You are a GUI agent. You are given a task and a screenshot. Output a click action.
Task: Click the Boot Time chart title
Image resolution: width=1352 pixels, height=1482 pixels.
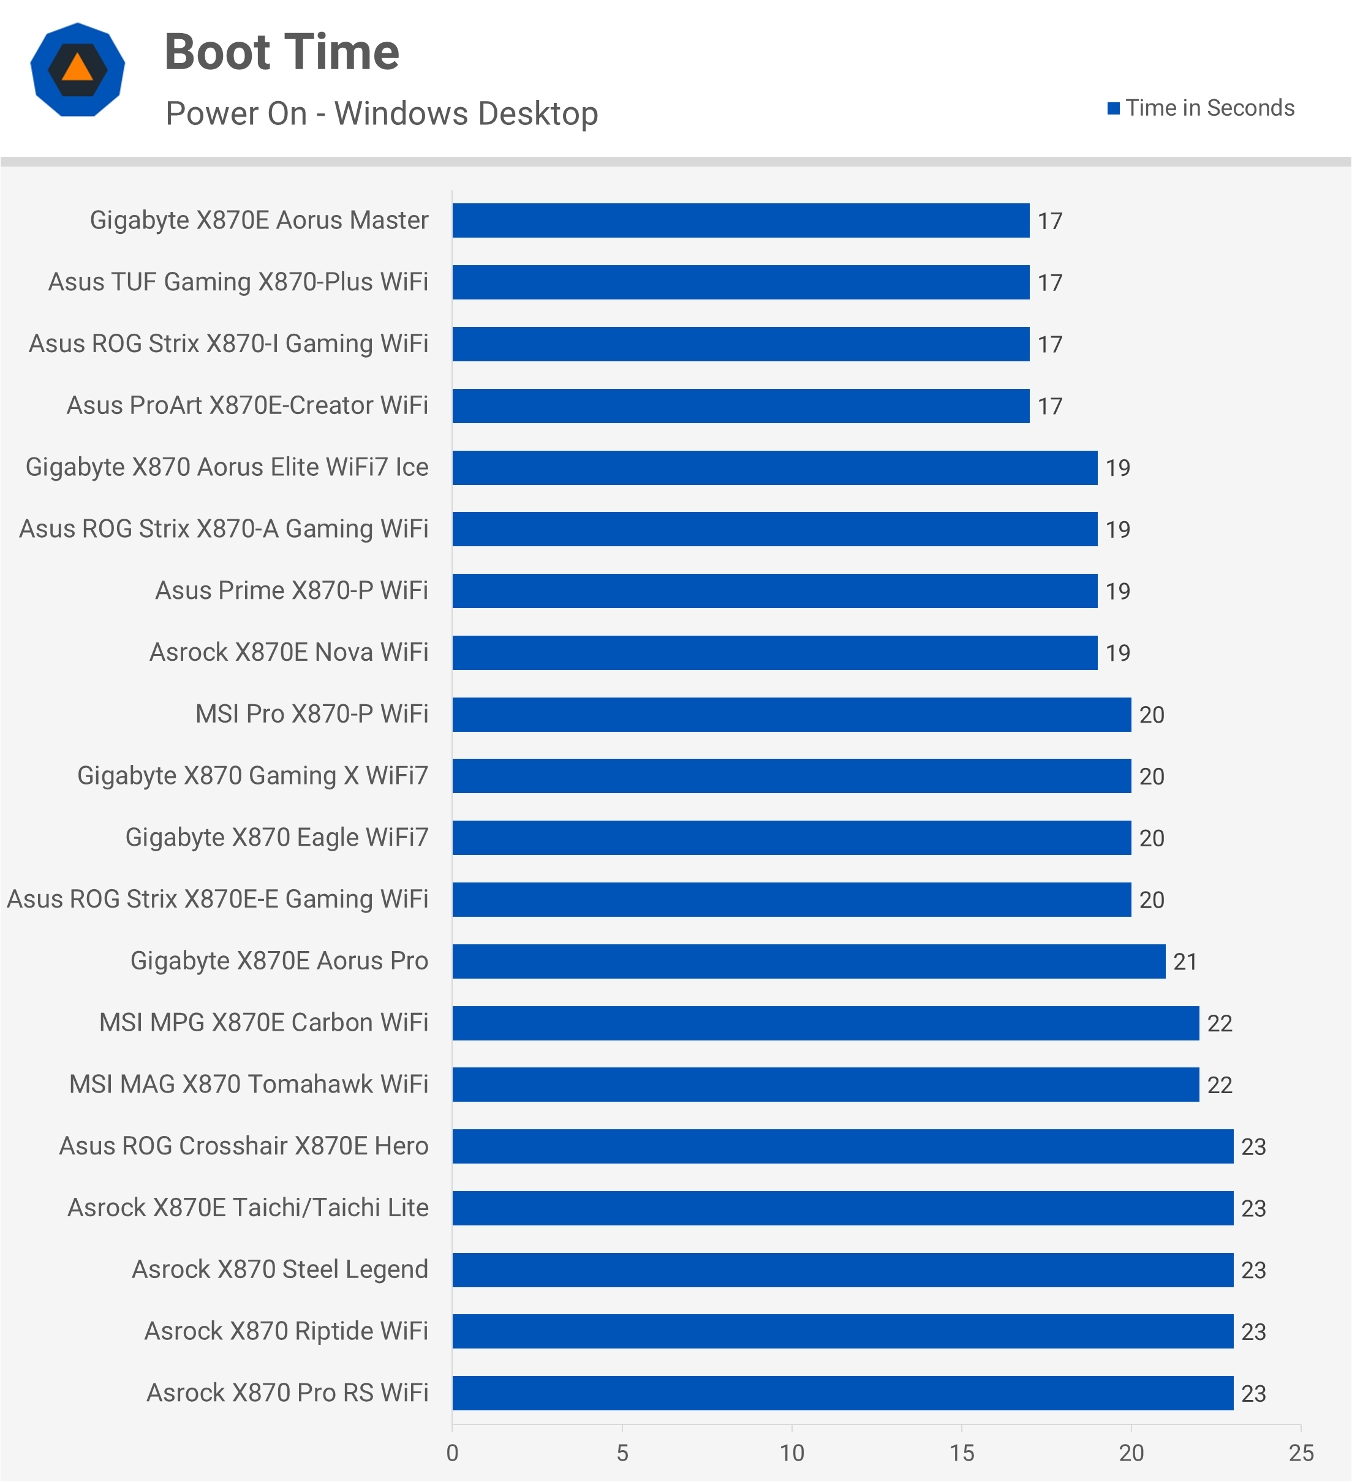[x=282, y=52]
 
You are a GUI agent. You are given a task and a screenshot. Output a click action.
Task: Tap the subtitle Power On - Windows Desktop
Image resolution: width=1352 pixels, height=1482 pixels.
[x=382, y=114]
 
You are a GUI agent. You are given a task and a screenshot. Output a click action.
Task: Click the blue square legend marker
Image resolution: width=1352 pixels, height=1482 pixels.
[x=1113, y=109]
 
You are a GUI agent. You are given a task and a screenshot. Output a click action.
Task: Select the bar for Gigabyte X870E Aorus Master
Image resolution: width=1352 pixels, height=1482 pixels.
[x=741, y=220]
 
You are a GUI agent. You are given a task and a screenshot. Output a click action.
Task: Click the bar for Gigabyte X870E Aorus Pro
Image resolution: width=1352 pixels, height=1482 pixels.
[x=809, y=961]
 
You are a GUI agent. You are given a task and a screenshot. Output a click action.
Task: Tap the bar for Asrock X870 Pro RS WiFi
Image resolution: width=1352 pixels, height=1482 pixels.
[x=842, y=1393]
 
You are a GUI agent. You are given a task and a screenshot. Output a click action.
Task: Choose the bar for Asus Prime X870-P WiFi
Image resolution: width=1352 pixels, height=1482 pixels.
[x=775, y=591]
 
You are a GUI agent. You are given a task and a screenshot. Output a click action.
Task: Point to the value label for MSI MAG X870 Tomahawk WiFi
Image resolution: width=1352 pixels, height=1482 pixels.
[x=1220, y=1086]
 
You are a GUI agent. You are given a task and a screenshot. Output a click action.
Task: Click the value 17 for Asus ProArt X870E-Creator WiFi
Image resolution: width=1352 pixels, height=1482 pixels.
[x=1050, y=407]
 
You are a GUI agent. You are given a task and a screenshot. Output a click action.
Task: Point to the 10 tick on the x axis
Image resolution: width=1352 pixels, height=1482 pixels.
[x=792, y=1453]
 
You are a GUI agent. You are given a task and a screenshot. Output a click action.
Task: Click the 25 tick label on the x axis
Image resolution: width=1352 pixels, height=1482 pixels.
[x=1301, y=1453]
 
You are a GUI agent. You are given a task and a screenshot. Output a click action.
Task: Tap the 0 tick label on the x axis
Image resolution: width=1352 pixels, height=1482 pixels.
[x=452, y=1453]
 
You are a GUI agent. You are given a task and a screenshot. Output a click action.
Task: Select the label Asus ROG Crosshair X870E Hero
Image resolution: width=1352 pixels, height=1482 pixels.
[x=243, y=1146]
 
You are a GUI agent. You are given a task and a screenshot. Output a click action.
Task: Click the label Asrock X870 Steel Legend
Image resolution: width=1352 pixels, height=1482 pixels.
[x=279, y=1269]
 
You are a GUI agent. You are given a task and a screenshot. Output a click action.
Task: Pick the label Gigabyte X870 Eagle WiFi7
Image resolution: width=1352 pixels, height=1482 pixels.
[x=276, y=837]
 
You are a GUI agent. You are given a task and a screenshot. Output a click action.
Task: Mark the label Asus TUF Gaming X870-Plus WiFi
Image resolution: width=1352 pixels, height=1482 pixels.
[x=238, y=282]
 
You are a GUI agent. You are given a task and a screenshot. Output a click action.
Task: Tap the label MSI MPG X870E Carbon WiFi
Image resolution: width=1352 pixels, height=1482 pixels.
[x=263, y=1023]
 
